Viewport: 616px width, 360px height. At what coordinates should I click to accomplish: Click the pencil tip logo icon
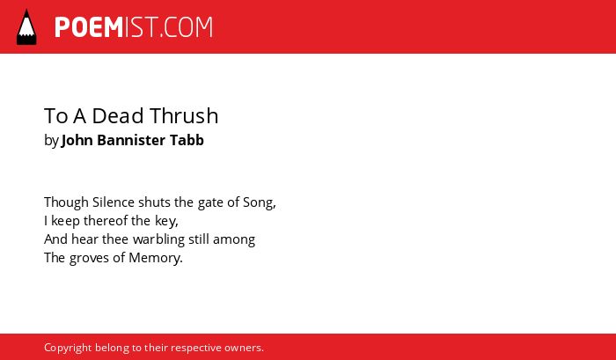26,27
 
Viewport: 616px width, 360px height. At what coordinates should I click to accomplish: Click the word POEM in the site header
89,27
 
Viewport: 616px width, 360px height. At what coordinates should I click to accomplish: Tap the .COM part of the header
187,27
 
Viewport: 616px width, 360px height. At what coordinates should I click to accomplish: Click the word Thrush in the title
184,116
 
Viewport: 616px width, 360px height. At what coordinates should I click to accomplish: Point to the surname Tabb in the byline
187,140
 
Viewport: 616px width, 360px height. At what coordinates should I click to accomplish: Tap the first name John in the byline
77,140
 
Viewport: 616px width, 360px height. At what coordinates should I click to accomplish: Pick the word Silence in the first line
114,202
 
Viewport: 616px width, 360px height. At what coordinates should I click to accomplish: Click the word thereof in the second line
106,221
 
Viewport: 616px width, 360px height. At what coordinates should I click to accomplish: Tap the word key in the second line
165,222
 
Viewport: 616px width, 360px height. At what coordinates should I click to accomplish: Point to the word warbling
158,239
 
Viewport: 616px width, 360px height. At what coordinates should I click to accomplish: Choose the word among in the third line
234,240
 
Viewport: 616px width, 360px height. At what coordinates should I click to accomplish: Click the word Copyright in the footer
68,349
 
